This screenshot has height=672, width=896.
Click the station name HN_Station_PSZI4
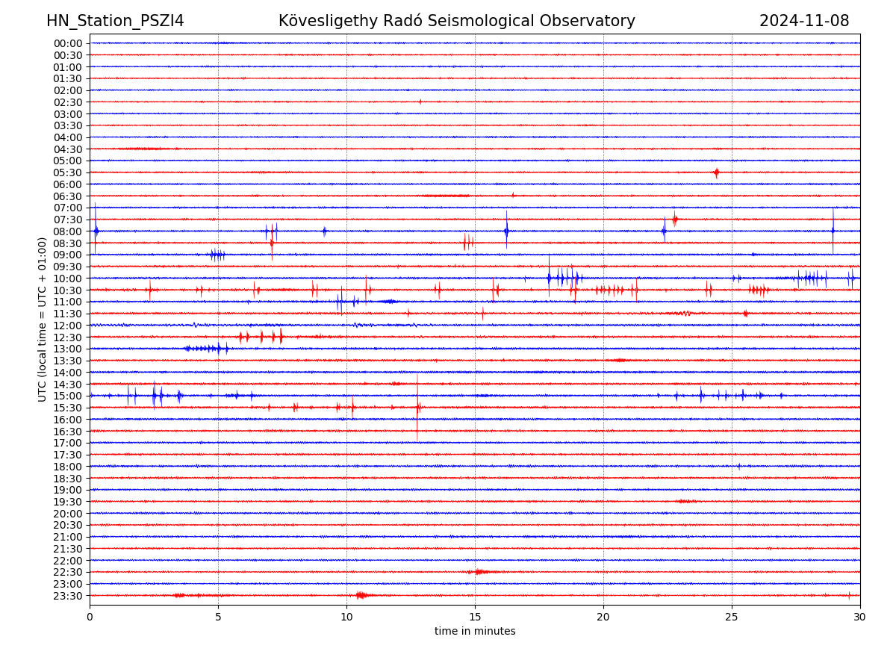click(115, 21)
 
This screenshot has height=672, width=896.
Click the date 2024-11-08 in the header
click(804, 21)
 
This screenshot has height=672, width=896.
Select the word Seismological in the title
click(493, 21)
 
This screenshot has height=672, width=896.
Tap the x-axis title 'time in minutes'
click(475, 632)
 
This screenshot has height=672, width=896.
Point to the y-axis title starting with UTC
click(43, 319)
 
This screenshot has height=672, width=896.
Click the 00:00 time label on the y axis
click(68, 43)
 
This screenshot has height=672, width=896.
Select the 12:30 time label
click(68, 337)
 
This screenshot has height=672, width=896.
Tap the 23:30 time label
click(68, 596)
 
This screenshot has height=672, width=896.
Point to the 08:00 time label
click(68, 231)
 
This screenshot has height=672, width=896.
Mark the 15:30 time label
click(68, 408)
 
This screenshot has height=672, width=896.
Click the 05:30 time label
click(68, 172)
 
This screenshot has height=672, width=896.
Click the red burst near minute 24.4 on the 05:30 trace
click(716, 172)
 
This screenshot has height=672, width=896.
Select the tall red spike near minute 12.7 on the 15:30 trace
click(417, 408)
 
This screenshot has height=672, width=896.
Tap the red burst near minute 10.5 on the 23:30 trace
click(361, 595)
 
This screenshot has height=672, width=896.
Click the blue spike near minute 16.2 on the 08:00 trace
click(506, 231)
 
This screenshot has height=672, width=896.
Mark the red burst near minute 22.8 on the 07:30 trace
click(674, 219)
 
